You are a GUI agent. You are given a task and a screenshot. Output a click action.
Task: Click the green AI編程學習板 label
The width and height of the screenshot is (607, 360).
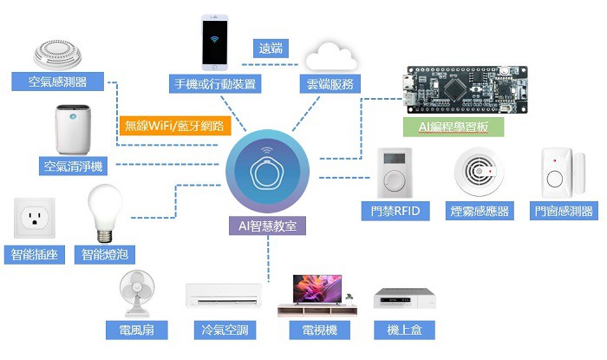tap(454, 127)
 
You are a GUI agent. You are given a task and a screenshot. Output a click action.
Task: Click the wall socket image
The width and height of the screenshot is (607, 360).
tap(34, 219)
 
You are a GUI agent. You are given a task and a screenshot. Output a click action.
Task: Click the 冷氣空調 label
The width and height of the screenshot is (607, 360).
tap(225, 331)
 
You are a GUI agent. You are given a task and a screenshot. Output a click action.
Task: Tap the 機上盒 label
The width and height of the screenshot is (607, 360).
tap(403, 331)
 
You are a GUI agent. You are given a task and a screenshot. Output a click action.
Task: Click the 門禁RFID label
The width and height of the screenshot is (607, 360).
tap(395, 212)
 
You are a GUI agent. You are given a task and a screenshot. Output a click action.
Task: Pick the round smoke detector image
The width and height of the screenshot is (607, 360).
tap(480, 171)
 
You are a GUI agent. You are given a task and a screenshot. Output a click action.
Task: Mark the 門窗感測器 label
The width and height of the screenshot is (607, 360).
tap(563, 212)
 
